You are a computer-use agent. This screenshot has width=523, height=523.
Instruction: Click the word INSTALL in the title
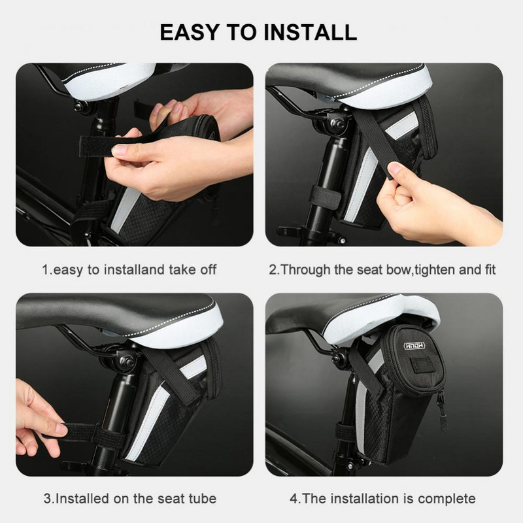(x=310, y=32)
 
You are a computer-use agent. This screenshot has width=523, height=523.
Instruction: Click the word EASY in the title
(x=190, y=32)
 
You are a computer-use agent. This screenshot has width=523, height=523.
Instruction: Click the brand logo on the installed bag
(x=414, y=346)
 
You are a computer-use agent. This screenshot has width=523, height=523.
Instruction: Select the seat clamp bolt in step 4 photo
(x=335, y=358)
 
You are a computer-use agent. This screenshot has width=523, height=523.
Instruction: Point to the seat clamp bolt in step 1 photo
(x=79, y=107)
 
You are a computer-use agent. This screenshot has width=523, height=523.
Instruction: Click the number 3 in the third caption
(x=48, y=499)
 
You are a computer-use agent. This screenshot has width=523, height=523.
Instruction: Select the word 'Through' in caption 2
(x=305, y=270)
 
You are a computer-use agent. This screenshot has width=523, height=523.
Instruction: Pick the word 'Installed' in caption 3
(x=82, y=499)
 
